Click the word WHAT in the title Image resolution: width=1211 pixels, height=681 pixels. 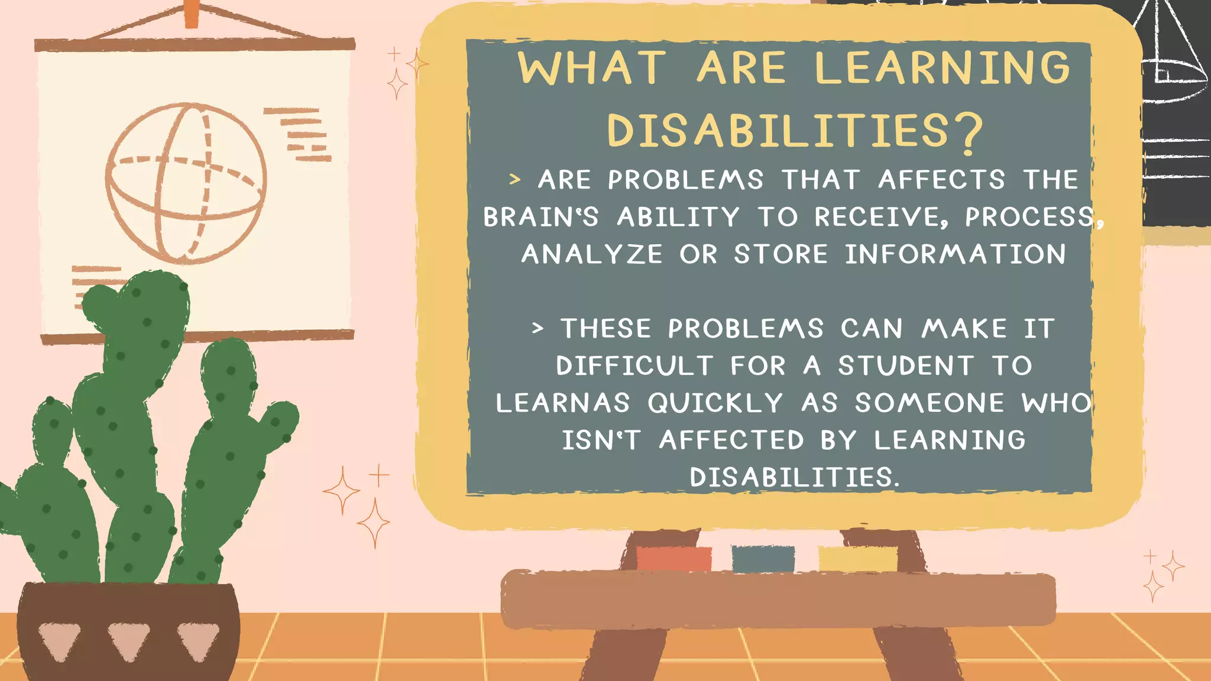coord(592,68)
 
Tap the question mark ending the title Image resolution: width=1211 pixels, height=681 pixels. coord(967,133)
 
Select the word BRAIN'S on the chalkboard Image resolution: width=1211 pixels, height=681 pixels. coord(540,217)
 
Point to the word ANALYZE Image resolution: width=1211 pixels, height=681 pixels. coord(592,254)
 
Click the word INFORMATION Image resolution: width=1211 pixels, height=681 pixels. coord(955,254)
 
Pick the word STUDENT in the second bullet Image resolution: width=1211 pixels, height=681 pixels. coord(905,366)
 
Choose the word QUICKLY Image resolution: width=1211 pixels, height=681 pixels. coord(715,403)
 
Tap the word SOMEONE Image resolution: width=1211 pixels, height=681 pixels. coord(930,403)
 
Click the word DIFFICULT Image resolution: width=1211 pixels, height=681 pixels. coord(634,366)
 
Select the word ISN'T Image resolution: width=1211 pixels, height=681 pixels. coord(600,440)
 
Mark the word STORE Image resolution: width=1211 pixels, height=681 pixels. coord(781,254)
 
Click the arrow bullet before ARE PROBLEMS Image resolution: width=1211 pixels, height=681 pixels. coord(515,179)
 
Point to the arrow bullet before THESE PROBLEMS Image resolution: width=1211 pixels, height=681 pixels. coord(537,328)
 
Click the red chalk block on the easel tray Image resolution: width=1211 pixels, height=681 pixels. coord(674,559)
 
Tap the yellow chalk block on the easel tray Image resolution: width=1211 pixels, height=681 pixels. coord(858,559)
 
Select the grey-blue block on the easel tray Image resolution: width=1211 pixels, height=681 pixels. coord(763,559)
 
